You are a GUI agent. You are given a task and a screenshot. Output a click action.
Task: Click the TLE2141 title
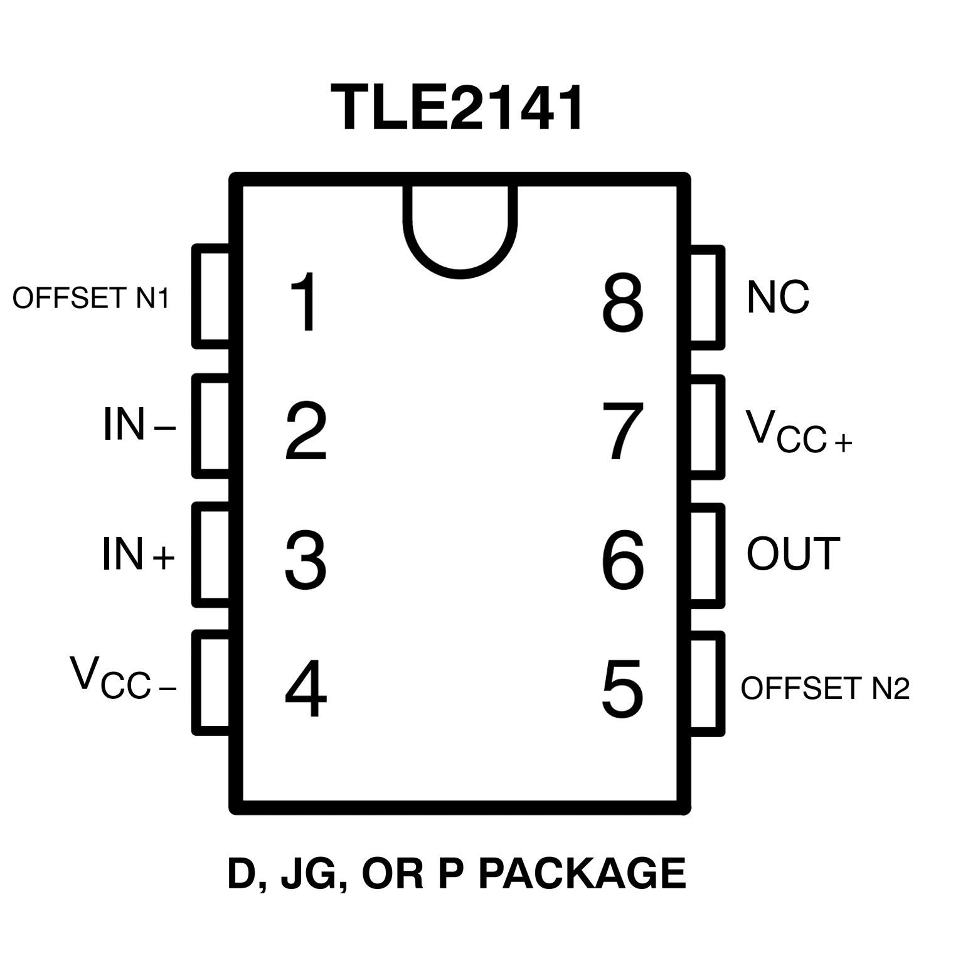pyautogui.click(x=458, y=108)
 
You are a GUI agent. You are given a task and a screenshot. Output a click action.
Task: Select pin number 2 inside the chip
pyautogui.click(x=306, y=432)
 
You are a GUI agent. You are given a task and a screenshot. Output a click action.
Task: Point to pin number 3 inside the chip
pyautogui.click(x=306, y=560)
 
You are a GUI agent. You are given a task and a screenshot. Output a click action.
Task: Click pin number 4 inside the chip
pyautogui.click(x=306, y=688)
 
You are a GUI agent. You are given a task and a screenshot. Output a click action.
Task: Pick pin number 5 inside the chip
pyautogui.click(x=622, y=688)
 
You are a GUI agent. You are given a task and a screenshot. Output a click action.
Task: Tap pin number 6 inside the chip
pyautogui.click(x=622, y=560)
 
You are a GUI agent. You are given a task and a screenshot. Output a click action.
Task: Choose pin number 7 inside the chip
pyautogui.click(x=622, y=432)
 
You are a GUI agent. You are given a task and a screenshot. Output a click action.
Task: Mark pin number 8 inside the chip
pyautogui.click(x=622, y=304)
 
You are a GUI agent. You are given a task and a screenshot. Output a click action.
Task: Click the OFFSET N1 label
pyautogui.click(x=91, y=298)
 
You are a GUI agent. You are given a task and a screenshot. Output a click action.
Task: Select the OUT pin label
pyautogui.click(x=793, y=553)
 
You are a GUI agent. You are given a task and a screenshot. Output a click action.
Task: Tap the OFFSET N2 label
pyautogui.click(x=825, y=688)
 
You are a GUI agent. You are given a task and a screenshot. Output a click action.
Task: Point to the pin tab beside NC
pyautogui.click(x=706, y=297)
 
